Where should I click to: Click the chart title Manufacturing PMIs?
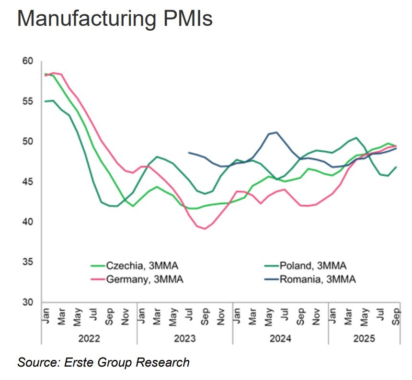click(114, 20)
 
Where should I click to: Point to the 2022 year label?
click(89, 339)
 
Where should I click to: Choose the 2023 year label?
click(185, 339)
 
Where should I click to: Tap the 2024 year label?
click(280, 339)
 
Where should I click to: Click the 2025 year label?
click(364, 339)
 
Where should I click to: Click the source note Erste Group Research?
click(103, 362)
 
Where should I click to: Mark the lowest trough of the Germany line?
click(205, 229)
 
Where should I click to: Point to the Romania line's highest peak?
click(276, 132)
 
